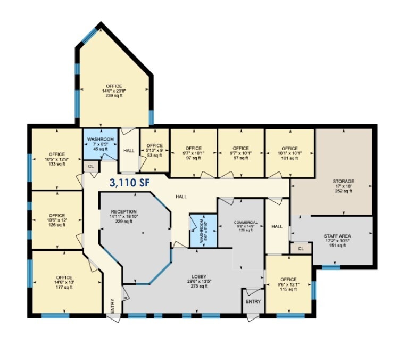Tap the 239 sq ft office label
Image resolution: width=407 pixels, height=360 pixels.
tap(114, 91)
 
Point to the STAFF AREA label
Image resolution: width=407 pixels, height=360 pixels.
tap(337, 240)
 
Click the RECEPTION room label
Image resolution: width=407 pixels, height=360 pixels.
tap(123, 216)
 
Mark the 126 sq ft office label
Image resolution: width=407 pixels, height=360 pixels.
tap(56, 220)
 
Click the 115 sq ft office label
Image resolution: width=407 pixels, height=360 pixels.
tap(288, 284)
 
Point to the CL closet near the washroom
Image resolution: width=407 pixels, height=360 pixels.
tap(90, 166)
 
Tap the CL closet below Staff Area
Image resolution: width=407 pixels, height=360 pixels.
tap(301, 248)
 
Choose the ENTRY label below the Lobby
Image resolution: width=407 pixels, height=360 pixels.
tap(253, 302)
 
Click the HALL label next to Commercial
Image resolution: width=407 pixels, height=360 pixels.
tap(277, 226)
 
